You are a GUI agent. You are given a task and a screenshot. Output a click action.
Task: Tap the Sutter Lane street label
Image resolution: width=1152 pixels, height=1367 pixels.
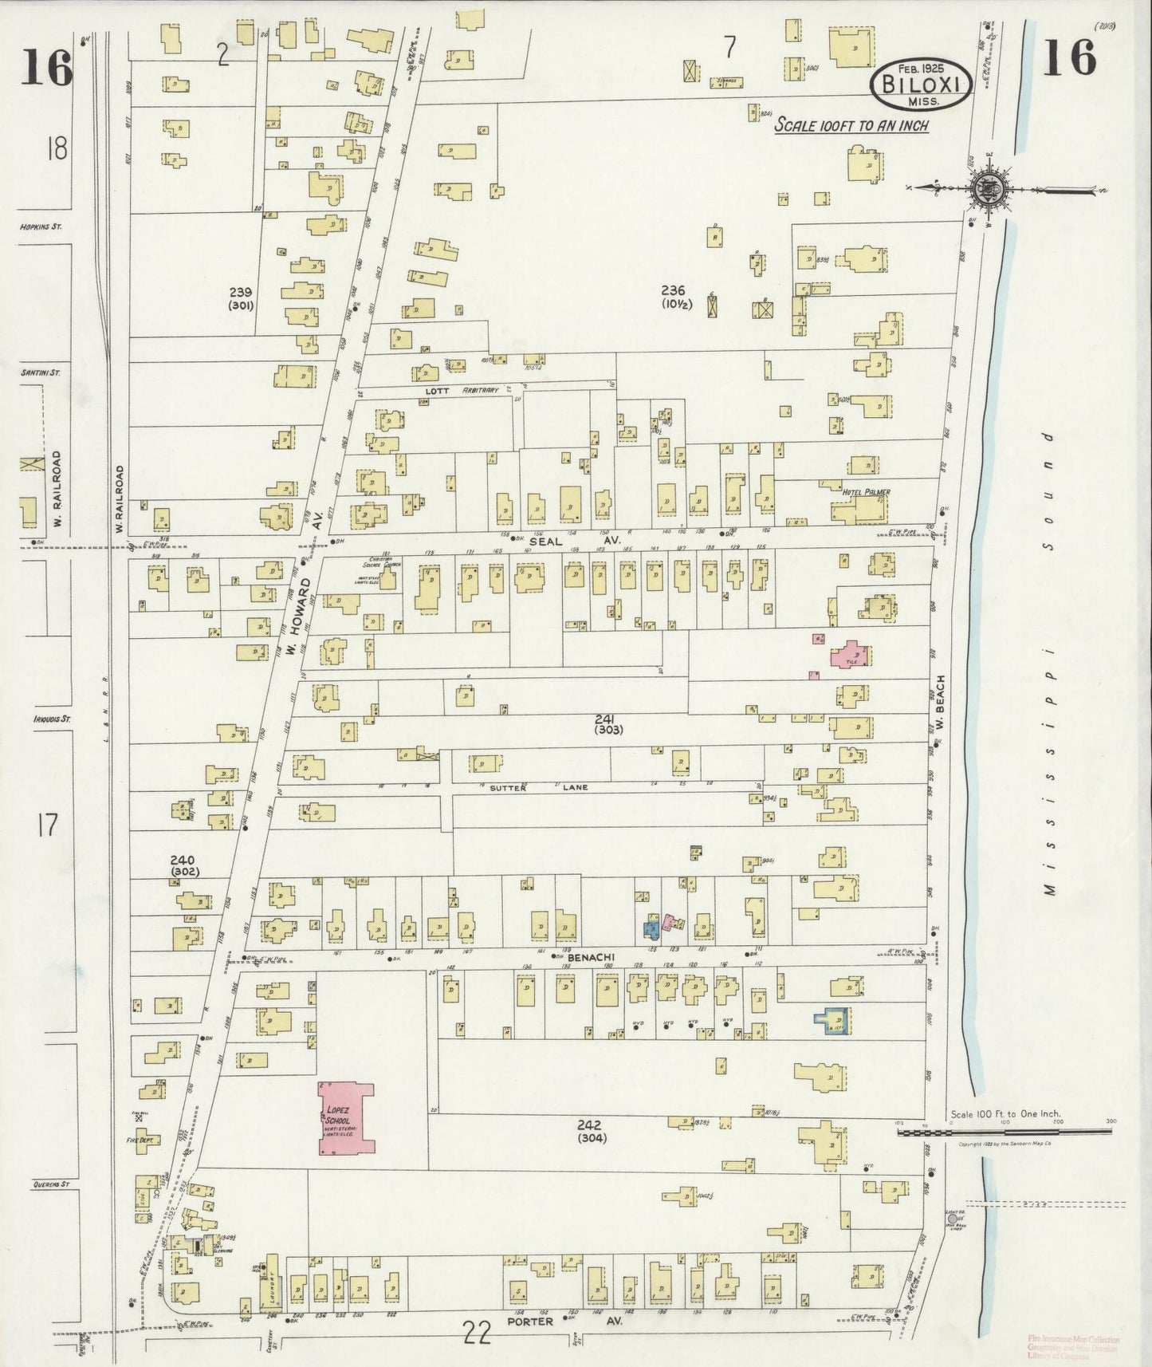tap(538, 787)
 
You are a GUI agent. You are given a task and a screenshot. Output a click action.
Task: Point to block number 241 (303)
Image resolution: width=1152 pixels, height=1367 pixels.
tap(608, 723)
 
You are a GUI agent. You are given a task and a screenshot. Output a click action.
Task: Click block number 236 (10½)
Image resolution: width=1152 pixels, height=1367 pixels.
tap(677, 296)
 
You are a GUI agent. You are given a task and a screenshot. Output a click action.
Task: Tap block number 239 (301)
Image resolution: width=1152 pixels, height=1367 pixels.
tap(239, 298)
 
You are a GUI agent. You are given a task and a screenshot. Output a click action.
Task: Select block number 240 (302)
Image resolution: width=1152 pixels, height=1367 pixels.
tap(184, 865)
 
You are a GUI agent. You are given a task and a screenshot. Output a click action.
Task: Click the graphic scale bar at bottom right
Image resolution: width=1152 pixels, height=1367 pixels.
tap(1005, 1131)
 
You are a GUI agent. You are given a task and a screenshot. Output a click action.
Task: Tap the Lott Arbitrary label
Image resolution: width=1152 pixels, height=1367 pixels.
tap(469, 391)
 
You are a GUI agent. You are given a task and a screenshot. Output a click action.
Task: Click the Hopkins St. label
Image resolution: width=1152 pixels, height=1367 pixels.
tap(41, 227)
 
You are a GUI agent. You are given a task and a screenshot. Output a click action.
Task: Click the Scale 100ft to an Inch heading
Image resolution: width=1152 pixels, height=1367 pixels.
tap(852, 125)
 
